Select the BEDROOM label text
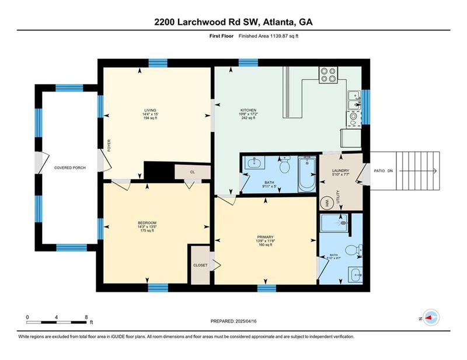coord(147,223)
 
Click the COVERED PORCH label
coord(71,167)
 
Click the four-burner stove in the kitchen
coord(329,75)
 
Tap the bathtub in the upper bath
coord(306,174)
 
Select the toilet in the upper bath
coord(285,167)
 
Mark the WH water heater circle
coord(327,202)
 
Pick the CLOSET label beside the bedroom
coord(200,265)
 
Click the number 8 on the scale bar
coord(86,317)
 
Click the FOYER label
coord(109,145)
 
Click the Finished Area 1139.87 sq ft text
coord(271,36)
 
